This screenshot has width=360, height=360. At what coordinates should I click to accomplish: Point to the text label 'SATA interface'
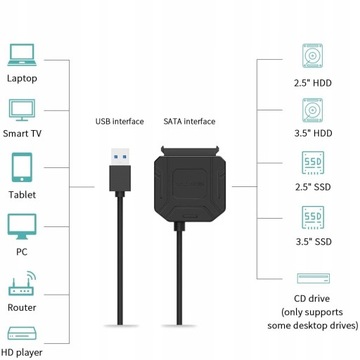(x=189, y=123)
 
